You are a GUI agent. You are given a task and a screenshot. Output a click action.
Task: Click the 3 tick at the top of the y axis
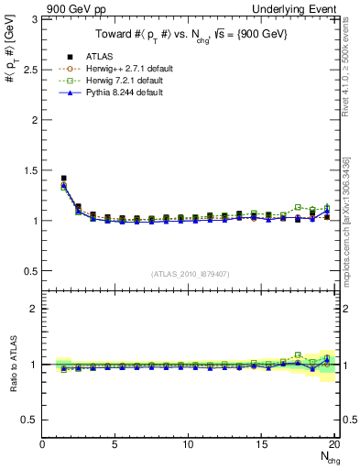pyautogui.click(x=35, y=19)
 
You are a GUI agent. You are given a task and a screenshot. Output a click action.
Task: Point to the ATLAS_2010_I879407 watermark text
pyautogui.click(x=191, y=274)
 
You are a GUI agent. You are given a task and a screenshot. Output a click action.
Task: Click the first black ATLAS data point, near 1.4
pyautogui.click(x=63, y=179)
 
